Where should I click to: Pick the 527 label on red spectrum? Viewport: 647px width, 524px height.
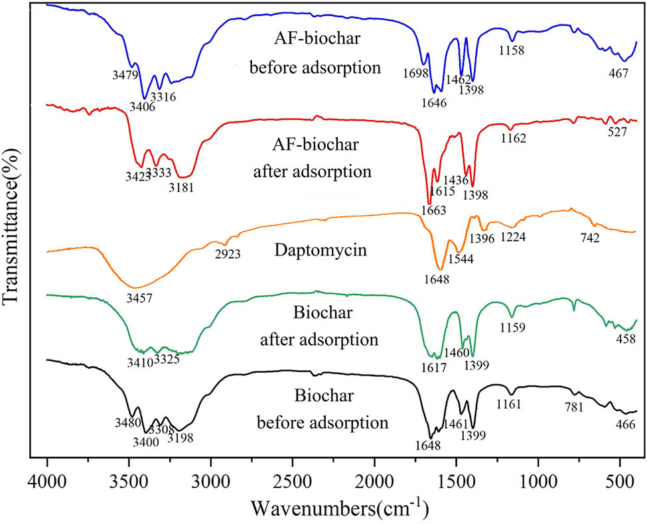[x=618, y=132]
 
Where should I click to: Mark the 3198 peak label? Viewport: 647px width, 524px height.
[x=180, y=437]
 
